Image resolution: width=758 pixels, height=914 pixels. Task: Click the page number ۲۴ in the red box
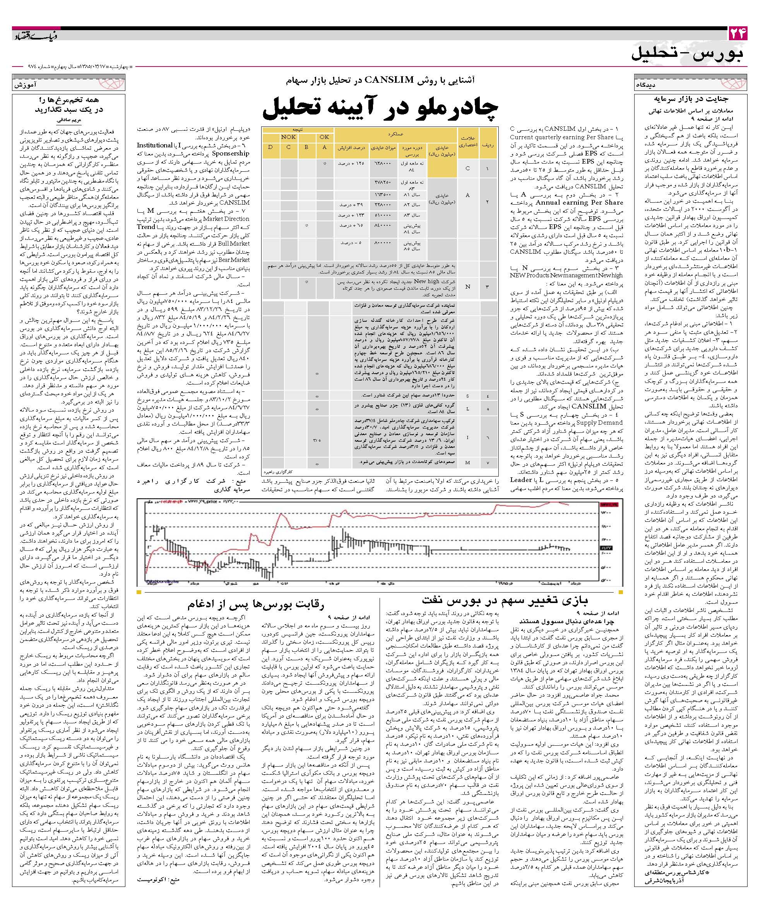click(x=737, y=34)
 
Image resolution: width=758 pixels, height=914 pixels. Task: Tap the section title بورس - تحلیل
click(x=688, y=53)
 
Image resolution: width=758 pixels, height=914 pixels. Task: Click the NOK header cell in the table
click(x=288, y=137)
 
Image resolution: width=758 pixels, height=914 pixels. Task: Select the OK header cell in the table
click(x=324, y=137)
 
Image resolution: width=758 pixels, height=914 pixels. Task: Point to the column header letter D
click(x=270, y=147)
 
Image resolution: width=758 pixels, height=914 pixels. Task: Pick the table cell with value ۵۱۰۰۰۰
click(x=383, y=215)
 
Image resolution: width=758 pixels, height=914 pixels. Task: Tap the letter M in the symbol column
click(x=467, y=462)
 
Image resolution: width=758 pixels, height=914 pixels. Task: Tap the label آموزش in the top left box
click(x=25, y=85)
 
